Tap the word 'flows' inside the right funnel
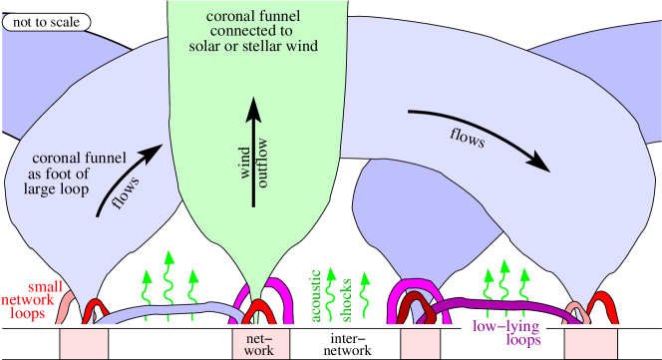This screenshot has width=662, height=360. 465,140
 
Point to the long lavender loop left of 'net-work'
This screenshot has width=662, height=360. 169,317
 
